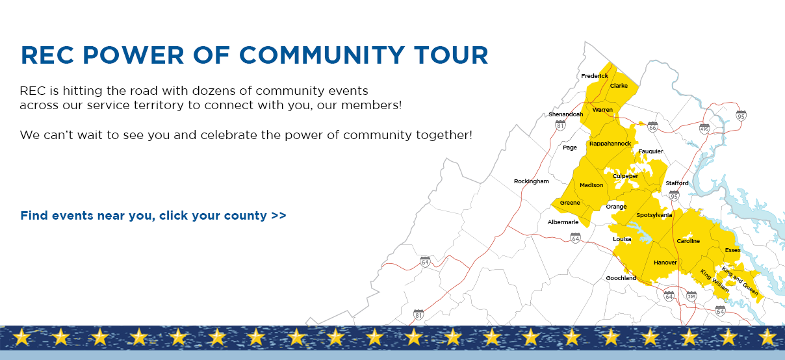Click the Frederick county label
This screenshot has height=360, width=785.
(x=595, y=76)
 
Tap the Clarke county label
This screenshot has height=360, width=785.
(x=619, y=86)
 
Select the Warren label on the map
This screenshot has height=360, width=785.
(x=602, y=110)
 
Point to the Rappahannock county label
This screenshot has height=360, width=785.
(x=610, y=144)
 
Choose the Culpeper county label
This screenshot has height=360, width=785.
(x=625, y=176)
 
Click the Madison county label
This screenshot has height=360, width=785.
(x=591, y=185)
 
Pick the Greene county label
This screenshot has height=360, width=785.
(x=570, y=203)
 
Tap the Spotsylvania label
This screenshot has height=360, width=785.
(x=654, y=215)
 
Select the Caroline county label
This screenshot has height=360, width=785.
(x=688, y=241)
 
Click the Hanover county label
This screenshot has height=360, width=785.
(x=665, y=262)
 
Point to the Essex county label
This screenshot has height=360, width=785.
(x=732, y=250)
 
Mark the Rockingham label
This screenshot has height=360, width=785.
(x=532, y=181)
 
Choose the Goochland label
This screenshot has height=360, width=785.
(x=621, y=278)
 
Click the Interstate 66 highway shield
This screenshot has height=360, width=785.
(x=652, y=127)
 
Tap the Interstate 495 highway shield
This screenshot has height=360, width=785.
(x=704, y=128)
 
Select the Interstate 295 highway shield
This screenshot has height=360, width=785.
(x=691, y=296)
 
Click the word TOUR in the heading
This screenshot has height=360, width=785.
(x=451, y=55)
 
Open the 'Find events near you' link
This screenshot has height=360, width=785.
(x=153, y=216)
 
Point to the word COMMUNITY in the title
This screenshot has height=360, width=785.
(x=322, y=55)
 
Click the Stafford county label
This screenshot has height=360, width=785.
(x=676, y=183)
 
